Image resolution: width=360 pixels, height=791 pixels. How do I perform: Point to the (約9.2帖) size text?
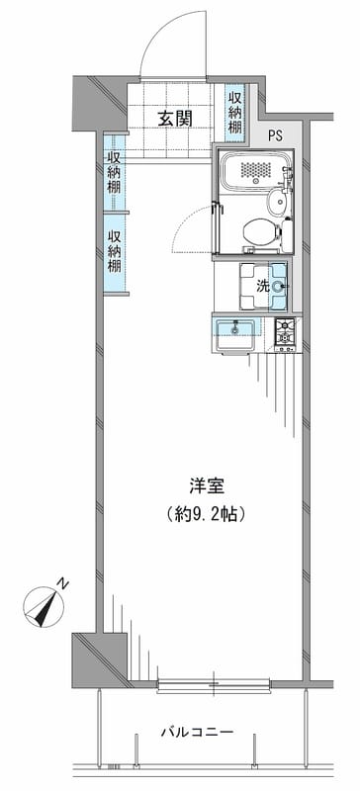pyautogui.click(x=207, y=514)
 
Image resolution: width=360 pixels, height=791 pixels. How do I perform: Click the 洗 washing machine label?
pyautogui.click(x=262, y=287)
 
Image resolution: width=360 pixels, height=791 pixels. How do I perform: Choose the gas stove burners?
pyautogui.click(x=287, y=333)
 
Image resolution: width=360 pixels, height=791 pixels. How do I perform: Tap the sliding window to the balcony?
pyautogui.click(x=213, y=682)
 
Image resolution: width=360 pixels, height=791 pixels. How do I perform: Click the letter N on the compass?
pyautogui.click(x=61, y=584)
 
